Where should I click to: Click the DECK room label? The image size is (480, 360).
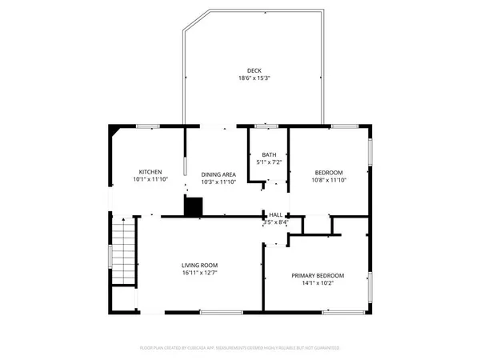(254, 70)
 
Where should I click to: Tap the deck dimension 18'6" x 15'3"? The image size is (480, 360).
(254, 78)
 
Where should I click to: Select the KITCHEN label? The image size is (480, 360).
(150, 172)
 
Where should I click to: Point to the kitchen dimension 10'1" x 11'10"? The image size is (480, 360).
(150, 180)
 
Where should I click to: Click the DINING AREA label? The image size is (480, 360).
(218, 174)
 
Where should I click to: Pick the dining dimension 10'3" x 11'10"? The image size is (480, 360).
(218, 182)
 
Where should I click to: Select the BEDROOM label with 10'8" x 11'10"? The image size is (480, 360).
(328, 173)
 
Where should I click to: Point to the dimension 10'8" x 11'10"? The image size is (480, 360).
(328, 181)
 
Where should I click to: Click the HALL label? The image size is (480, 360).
(275, 214)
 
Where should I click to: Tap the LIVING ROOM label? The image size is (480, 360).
(199, 265)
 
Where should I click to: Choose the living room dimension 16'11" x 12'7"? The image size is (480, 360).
(199, 273)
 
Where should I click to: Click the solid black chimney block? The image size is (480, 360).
(193, 206)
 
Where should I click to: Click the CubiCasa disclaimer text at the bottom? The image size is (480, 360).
(240, 348)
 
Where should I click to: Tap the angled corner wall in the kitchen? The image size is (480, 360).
(116, 130)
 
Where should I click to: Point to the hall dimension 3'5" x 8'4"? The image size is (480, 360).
(275, 222)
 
